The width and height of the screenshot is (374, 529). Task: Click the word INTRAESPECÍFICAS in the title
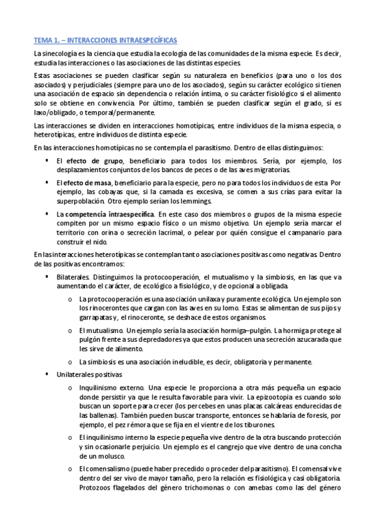tap(145, 41)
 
